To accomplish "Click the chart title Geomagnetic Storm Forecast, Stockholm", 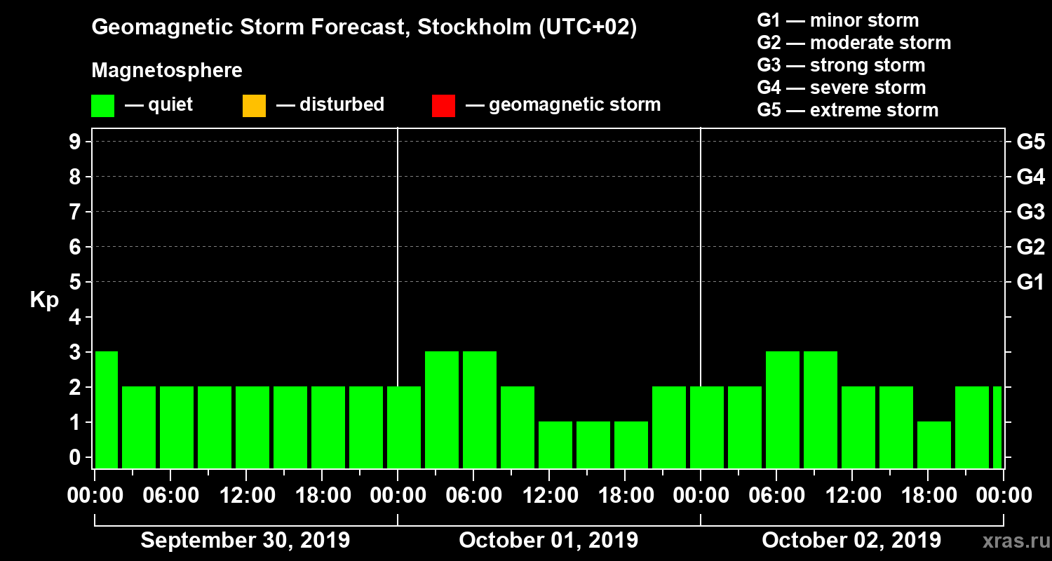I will (364, 28).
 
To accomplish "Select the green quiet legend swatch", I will (102, 106).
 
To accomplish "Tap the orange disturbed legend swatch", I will (254, 106).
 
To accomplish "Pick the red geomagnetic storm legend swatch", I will (443, 106).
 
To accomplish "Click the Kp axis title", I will (44, 300).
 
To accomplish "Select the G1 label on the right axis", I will (1030, 283).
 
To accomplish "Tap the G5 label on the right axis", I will (1030, 142).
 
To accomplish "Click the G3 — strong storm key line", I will (841, 65).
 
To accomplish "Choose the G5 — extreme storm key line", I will (847, 110).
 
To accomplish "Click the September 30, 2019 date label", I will (245, 541).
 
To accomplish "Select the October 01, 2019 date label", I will (548, 541).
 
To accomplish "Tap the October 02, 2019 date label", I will (851, 541).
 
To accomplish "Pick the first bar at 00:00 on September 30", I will (106, 410).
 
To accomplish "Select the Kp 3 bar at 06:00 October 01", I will (480, 410).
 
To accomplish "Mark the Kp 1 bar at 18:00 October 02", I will (934, 445).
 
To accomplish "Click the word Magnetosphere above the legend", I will (167, 71).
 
